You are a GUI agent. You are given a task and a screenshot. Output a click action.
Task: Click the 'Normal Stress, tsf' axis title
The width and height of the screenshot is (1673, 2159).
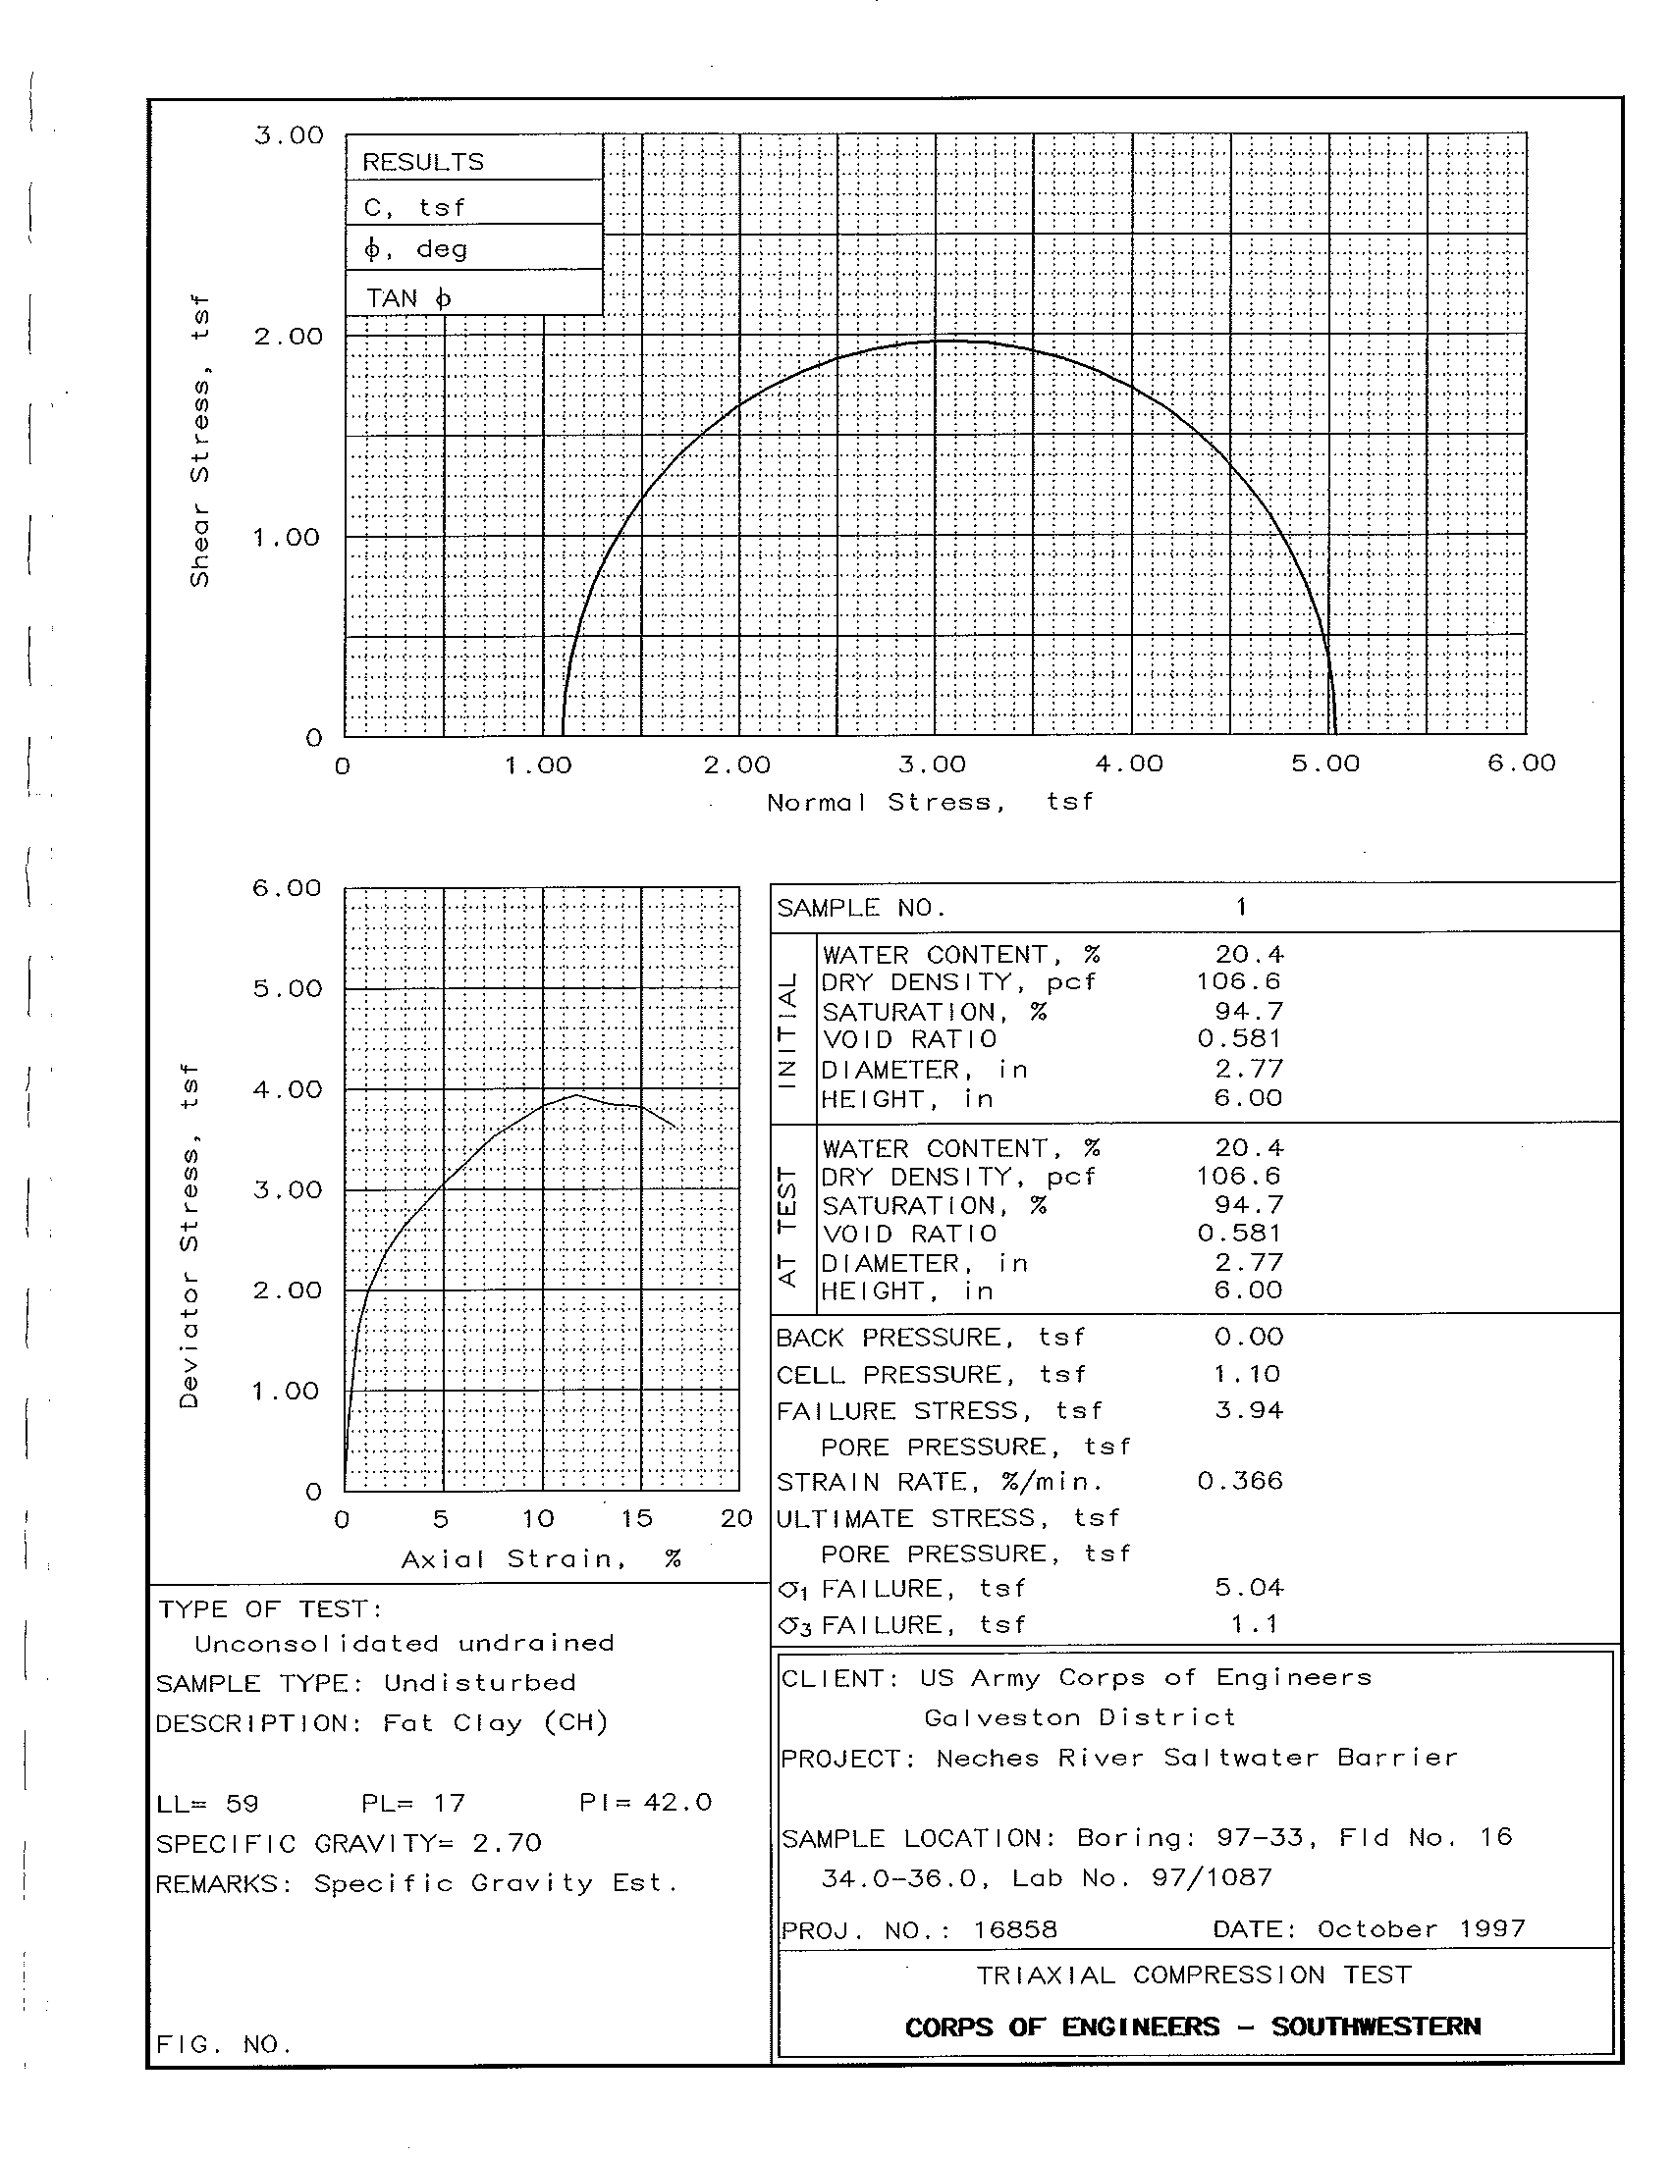(x=930, y=802)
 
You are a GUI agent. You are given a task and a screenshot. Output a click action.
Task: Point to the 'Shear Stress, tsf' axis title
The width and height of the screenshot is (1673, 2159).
(x=199, y=441)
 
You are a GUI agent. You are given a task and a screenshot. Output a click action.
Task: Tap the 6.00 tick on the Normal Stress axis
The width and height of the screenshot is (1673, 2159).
(x=1521, y=764)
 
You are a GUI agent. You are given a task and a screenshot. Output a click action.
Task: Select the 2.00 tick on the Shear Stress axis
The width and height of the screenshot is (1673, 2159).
(x=288, y=336)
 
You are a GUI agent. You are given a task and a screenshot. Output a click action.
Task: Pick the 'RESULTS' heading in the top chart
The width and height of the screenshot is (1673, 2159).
(x=423, y=162)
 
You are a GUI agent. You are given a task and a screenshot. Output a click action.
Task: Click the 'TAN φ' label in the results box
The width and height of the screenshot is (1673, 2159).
(x=408, y=297)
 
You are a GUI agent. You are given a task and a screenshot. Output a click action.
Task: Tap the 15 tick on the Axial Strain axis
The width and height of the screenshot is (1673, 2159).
(x=637, y=1518)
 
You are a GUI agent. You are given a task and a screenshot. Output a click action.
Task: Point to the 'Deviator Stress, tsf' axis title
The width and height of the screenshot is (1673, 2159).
(x=189, y=1236)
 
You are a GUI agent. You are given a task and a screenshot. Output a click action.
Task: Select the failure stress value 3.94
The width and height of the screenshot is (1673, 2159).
(x=1249, y=1410)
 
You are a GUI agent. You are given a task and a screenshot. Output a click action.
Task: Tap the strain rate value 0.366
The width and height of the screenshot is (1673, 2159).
(x=1240, y=1481)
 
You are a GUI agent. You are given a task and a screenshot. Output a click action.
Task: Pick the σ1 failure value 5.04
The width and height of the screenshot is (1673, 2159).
(x=1249, y=1588)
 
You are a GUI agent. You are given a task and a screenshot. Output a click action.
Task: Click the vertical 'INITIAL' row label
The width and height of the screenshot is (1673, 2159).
(x=788, y=1029)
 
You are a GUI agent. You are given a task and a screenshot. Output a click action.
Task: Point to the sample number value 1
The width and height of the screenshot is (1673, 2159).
(x=1241, y=908)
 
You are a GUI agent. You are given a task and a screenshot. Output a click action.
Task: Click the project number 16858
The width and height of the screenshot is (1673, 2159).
(x=1014, y=1929)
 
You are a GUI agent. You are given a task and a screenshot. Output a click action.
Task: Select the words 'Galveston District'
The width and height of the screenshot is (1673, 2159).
(x=1080, y=1717)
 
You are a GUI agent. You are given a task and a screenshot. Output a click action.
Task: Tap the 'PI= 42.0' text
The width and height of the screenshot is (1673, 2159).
(x=646, y=1802)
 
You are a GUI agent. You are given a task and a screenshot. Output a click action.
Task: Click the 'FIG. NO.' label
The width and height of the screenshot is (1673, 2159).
(x=225, y=2044)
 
